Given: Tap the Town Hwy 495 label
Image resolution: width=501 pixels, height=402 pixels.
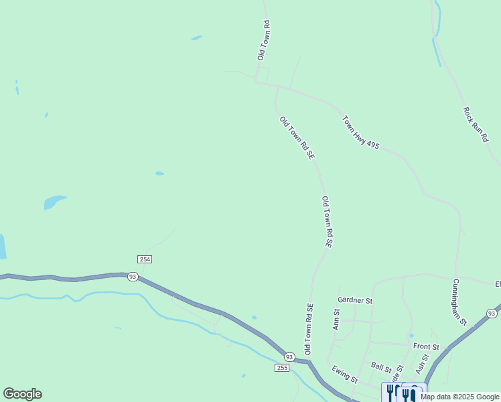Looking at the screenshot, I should coord(360,132).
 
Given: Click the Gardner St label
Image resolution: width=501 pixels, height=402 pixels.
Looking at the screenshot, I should coord(355,301).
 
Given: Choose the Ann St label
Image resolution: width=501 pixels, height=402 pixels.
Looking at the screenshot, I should coord(336,319).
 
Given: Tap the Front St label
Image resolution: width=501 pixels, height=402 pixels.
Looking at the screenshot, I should coord(426,346).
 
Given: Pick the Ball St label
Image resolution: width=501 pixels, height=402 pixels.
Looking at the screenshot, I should coord(381,367).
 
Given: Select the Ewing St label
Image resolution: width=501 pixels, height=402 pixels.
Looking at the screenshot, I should coord(345,375).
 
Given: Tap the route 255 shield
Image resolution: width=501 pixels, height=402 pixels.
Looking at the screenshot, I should coord(282,368).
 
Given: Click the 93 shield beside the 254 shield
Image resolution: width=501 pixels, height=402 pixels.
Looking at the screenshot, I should coord(133,277).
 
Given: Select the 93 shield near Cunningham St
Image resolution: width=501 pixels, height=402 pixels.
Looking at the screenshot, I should coord(492,313).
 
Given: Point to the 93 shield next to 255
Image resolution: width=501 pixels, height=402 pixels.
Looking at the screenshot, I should coord(289,356).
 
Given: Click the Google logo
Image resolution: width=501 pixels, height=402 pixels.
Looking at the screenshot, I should coord(22,394).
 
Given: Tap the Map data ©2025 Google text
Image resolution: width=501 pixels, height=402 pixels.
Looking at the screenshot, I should coord(460,397).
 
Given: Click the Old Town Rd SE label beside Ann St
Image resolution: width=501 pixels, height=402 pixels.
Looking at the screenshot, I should coord(309,328).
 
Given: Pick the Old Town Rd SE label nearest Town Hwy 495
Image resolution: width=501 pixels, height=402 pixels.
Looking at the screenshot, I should coord(297,138).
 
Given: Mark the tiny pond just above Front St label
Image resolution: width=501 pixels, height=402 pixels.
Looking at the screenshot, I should coord(411,336).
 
